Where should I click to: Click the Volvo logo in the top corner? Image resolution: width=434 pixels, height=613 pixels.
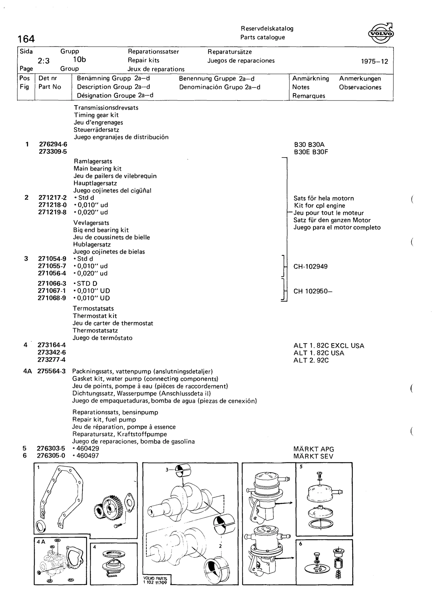tap(381, 33)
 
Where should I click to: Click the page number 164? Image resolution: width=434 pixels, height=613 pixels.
tap(26, 39)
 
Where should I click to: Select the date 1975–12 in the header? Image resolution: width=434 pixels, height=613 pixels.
tap(374, 61)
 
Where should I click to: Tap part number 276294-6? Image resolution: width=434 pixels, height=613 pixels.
tap(53, 144)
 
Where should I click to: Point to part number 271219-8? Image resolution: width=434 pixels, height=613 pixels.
tap(53, 212)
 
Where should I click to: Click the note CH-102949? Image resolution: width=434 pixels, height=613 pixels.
tap(311, 266)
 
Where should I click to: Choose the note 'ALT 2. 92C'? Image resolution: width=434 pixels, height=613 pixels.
tap(311, 360)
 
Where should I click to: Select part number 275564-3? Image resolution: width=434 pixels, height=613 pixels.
tap(51, 371)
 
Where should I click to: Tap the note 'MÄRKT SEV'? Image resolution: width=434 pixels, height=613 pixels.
tap(313, 456)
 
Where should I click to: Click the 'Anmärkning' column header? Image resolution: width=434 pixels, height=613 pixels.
tap(311, 79)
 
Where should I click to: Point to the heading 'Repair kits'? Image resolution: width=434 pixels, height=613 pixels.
tap(144, 60)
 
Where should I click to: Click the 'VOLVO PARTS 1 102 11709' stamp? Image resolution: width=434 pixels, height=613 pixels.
tap(155, 580)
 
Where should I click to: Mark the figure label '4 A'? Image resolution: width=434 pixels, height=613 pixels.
tap(41, 542)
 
